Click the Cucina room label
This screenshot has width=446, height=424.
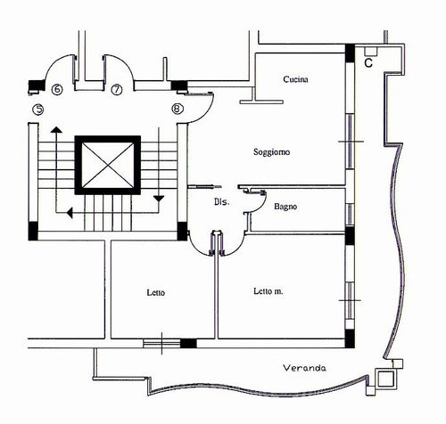295,79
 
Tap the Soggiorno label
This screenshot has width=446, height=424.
271,152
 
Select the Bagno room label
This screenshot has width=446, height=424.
285,207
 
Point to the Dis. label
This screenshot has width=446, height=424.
222,202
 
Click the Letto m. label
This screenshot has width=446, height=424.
268,291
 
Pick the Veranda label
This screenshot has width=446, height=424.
304,368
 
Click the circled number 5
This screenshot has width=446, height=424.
38,110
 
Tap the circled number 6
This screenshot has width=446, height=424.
57,89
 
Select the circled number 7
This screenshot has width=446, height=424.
117,89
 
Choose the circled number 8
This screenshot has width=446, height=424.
178,109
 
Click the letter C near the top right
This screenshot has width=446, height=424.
368,63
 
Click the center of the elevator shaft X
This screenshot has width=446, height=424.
107,165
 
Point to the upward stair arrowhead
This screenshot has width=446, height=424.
56,130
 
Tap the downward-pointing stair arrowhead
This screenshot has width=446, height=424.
159,199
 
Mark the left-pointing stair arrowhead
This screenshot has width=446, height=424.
70,213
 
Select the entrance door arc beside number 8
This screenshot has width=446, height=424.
206,114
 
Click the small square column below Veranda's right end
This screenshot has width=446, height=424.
385,379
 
